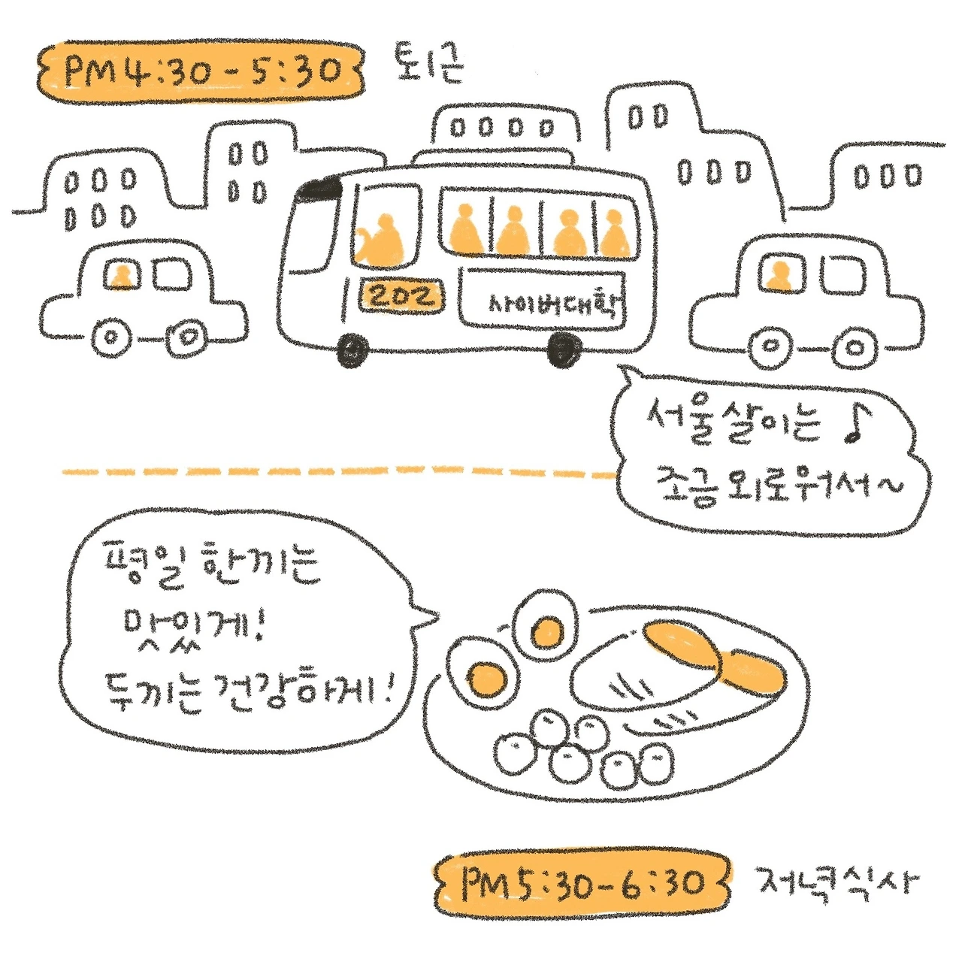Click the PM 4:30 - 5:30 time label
click(201, 71)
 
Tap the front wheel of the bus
click(353, 349)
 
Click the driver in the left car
click(121, 277)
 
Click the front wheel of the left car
click(111, 339)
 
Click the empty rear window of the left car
click(172, 274)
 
